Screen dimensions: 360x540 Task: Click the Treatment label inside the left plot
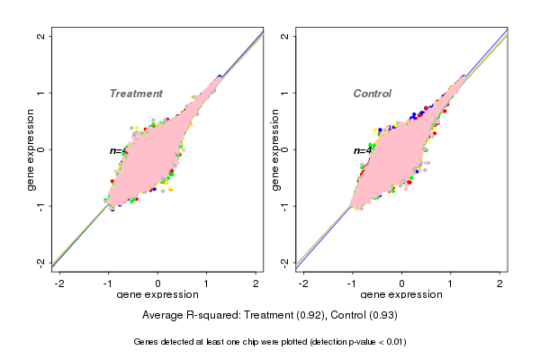click(136, 94)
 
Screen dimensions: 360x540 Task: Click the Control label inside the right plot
click(373, 94)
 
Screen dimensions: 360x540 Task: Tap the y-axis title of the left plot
click(32, 150)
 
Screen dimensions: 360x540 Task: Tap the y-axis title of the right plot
click(276, 150)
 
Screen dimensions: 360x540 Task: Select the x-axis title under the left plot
click(158, 295)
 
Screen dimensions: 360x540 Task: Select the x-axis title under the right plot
click(402, 295)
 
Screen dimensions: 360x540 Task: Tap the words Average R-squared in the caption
click(185, 316)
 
